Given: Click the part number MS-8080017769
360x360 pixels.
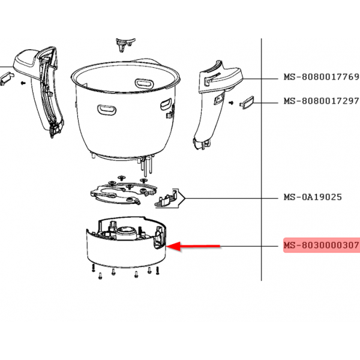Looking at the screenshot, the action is (322, 77).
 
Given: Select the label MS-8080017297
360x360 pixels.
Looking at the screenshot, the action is (322, 101).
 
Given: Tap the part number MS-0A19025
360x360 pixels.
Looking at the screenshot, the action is (313, 197).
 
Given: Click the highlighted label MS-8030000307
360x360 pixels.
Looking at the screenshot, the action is (322, 245).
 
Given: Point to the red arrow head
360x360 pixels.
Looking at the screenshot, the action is (173, 247).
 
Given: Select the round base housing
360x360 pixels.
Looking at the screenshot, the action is (126, 242).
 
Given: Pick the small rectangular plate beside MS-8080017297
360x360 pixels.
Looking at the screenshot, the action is (247, 103).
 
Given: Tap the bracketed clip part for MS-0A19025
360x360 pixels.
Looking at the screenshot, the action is (170, 199).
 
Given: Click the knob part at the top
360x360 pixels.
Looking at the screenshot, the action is (125, 45).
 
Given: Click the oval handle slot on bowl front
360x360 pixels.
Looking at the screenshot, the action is (107, 110).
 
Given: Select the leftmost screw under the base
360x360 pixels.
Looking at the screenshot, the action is (93, 268).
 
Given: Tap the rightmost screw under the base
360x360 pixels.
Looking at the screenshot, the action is (157, 271).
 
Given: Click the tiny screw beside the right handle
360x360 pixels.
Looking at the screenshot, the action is (231, 103).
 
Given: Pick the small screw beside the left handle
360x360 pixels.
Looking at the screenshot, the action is (23, 83).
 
